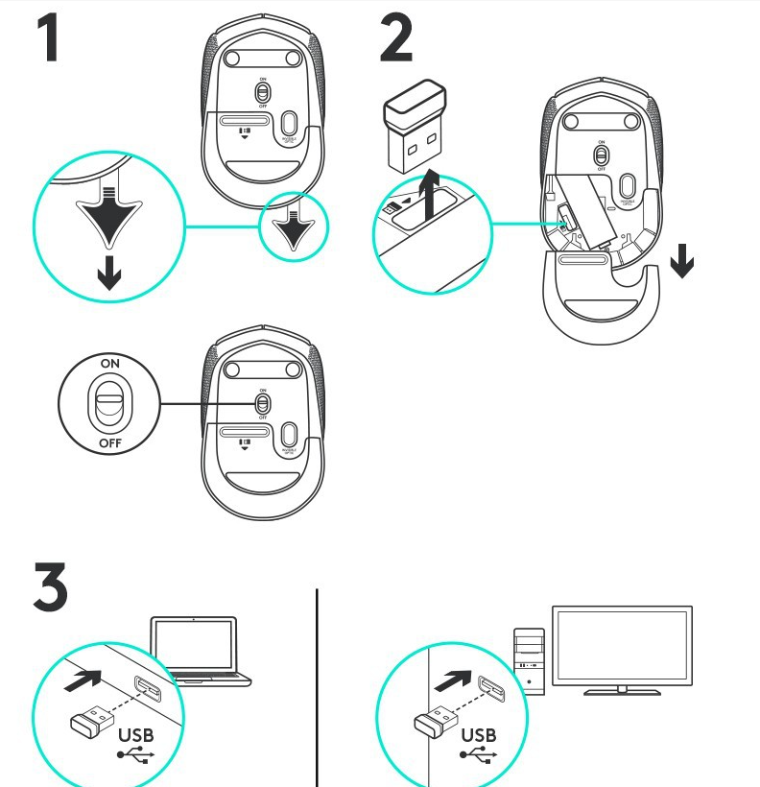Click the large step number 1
pyautogui.click(x=57, y=37)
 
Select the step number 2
pyautogui.click(x=396, y=37)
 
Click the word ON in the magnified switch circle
pyautogui.click(x=110, y=365)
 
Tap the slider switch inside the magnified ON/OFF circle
pyautogui.click(x=110, y=404)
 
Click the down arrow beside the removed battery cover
pyautogui.click(x=681, y=260)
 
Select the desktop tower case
pyautogui.click(x=529, y=657)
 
